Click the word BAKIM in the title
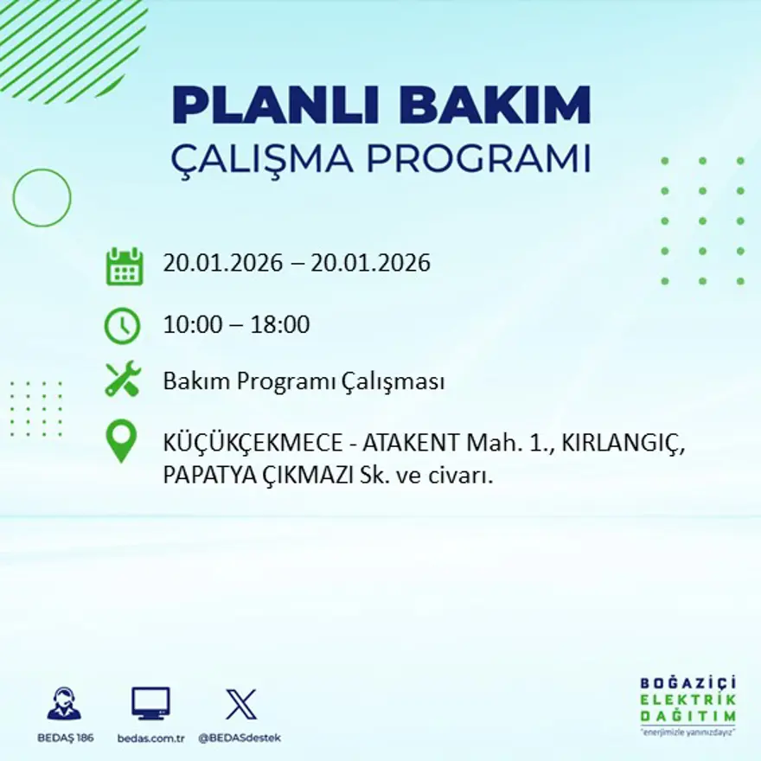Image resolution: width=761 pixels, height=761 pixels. [x=496, y=106]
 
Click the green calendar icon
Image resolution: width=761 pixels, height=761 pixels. [x=124, y=266]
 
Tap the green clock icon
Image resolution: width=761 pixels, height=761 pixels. [x=122, y=326]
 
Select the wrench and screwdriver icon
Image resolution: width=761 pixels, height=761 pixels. [x=123, y=380]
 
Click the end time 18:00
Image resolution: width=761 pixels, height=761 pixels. [x=280, y=326]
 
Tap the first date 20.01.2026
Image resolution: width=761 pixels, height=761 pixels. [x=223, y=263]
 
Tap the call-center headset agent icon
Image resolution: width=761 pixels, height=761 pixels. [x=64, y=704]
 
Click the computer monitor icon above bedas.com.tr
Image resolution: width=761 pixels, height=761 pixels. [x=150, y=703]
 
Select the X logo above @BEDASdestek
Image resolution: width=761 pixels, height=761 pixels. [x=240, y=703]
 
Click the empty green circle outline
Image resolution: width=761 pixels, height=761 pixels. [x=42, y=198]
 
